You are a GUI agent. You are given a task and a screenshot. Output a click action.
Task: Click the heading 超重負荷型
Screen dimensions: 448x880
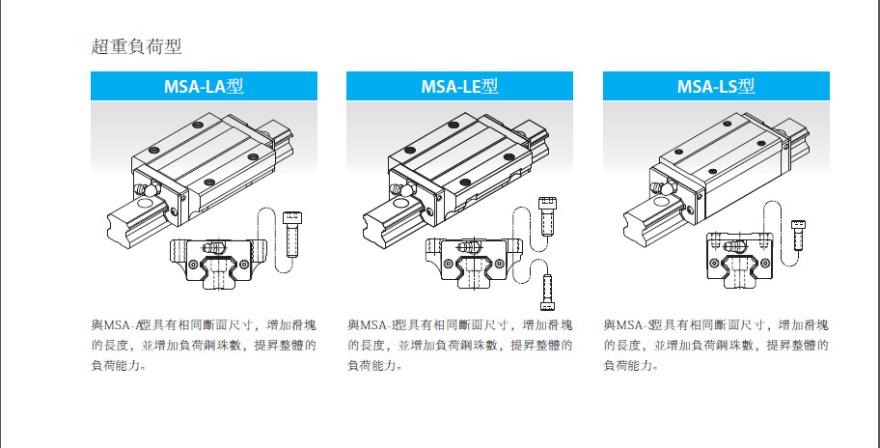pos(135,46)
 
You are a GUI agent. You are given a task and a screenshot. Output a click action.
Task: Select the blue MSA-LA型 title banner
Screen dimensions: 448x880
pos(204,86)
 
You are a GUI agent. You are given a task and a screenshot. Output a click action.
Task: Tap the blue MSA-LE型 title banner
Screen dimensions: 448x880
pos(459,86)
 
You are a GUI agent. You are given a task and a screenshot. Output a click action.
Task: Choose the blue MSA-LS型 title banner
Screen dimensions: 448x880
pos(716,86)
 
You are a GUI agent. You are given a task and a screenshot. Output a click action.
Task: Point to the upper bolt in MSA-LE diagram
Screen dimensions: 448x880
pos(547,216)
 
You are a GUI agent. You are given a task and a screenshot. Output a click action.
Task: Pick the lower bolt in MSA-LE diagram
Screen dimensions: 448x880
pos(548,287)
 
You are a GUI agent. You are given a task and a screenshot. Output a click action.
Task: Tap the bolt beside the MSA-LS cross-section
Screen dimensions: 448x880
pos(798,235)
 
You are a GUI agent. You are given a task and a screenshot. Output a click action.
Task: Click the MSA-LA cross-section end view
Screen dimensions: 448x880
pos(217,259)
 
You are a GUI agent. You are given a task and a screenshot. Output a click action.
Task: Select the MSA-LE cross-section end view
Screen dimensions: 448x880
pos(473,259)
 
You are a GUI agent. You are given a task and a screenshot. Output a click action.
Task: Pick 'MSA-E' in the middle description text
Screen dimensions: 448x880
pos(378,324)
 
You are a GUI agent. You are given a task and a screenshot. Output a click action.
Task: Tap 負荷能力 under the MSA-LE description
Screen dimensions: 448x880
pos(368,365)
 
